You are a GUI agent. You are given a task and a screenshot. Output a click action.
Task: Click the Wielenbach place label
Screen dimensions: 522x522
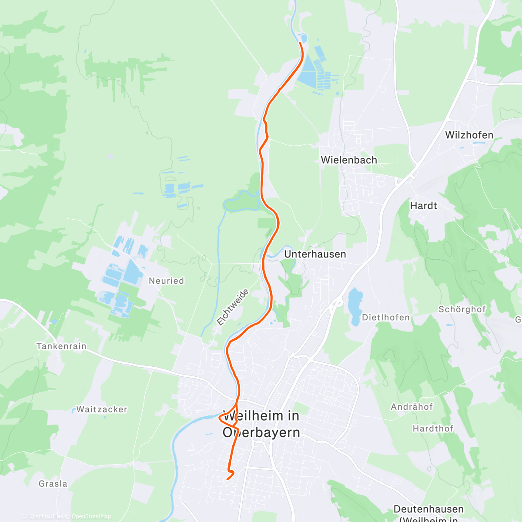[349, 160]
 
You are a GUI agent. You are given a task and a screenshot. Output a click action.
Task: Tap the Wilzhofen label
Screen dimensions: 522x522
[469, 135]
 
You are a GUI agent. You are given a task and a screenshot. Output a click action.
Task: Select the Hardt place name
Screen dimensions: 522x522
[423, 206]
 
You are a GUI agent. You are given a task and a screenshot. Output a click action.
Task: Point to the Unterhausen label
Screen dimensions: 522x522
[315, 254]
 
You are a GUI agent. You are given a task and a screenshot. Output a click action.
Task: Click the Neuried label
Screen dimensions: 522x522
[166, 281]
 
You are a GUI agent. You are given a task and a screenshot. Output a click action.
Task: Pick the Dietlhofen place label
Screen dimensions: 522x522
[386, 318]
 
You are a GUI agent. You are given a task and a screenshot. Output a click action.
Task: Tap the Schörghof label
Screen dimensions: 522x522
[462, 309]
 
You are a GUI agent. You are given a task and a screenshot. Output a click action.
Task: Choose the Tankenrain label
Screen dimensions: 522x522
[61, 347]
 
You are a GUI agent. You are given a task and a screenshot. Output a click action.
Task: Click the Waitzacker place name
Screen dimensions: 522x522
[102, 409]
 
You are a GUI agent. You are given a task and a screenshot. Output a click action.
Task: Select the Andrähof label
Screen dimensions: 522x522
[412, 407]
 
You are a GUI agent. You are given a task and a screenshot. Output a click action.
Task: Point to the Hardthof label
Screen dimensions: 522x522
[433, 429]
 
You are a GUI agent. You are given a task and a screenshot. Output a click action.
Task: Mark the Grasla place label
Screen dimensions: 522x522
[53, 484]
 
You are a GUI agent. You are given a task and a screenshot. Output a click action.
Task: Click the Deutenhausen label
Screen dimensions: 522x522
[428, 509]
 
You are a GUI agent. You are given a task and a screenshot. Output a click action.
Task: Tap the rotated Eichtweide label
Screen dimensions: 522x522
[233, 307]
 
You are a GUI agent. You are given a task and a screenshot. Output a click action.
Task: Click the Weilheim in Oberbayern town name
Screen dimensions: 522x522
[261, 424]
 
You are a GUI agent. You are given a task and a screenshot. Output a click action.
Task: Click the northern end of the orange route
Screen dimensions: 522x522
[300, 43]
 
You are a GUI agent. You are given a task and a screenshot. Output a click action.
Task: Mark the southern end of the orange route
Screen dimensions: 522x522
[228, 479]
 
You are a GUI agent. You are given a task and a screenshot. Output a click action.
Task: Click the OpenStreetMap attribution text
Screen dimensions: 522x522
[91, 516]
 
